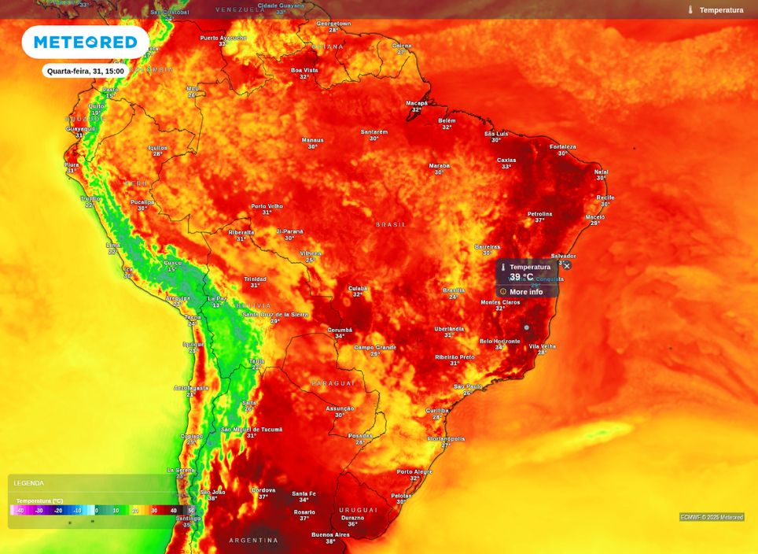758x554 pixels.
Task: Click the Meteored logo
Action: click(x=85, y=42)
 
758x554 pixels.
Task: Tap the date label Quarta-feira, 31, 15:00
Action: click(x=86, y=71)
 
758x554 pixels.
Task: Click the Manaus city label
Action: click(x=313, y=140)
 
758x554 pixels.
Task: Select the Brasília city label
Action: click(x=454, y=290)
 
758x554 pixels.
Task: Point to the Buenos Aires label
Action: click(x=330, y=535)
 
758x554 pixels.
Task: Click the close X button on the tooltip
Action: click(x=567, y=266)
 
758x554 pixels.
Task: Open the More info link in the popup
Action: click(x=525, y=292)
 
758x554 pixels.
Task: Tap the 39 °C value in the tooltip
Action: click(x=521, y=277)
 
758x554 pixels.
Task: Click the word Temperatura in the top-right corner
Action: click(x=721, y=10)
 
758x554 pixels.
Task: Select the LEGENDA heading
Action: click(x=29, y=483)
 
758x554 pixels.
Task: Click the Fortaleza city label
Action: click(x=563, y=147)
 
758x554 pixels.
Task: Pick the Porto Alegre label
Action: click(x=414, y=472)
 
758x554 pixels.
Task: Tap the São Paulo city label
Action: click(x=468, y=386)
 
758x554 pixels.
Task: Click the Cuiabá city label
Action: click(x=358, y=288)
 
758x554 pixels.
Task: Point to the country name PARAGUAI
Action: click(x=333, y=383)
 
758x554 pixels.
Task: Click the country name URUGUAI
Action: click(x=359, y=510)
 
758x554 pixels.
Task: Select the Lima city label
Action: click(x=113, y=246)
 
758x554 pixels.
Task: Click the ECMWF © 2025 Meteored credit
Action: click(x=712, y=517)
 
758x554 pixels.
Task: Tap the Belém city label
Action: click(x=447, y=120)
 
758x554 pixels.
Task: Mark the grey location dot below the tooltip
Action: click(x=527, y=327)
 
